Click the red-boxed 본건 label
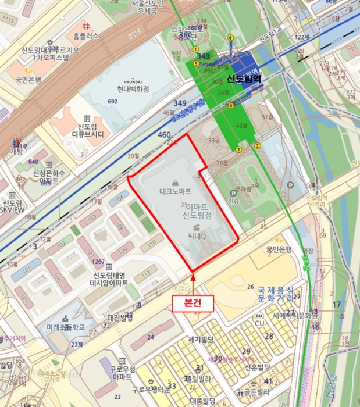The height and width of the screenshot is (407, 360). (x=193, y=302)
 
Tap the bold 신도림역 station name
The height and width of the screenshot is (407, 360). (x=244, y=78)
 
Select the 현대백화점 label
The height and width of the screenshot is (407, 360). (x=129, y=89)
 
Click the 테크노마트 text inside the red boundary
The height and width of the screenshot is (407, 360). (x=176, y=191)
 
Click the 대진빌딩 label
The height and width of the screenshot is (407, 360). (x=121, y=318)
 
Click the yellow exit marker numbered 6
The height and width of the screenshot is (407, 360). (x=230, y=38)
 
